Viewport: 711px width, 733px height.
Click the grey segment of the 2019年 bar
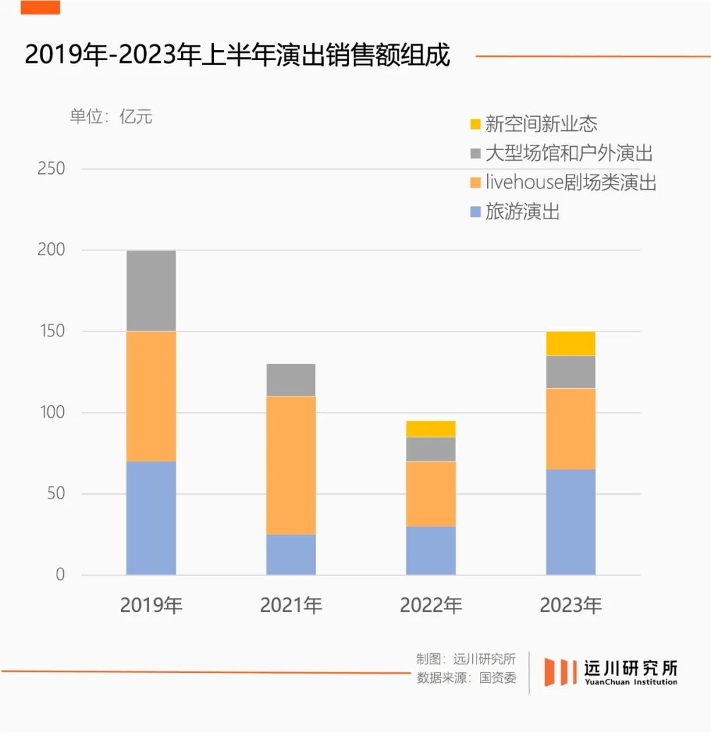point(151,290)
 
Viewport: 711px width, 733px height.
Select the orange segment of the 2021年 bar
point(291,465)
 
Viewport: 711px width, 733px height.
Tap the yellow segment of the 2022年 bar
point(431,429)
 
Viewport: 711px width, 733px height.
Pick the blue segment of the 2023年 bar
point(571,522)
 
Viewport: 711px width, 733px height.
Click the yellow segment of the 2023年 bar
point(571,343)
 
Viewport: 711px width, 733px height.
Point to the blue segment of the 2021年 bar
point(291,555)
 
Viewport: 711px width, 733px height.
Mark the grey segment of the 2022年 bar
point(431,449)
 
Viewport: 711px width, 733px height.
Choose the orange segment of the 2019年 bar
point(151,396)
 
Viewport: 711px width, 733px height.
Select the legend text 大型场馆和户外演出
point(569,153)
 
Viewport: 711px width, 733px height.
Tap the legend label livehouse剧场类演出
point(571,182)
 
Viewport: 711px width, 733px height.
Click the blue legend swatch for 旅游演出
point(475,212)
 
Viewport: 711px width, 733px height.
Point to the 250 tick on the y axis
point(51,169)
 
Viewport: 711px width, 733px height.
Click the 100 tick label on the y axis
point(51,413)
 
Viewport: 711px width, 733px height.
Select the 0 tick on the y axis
point(60,575)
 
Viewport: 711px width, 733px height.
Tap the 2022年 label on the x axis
point(431,605)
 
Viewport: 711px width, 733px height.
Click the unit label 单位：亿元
point(111,117)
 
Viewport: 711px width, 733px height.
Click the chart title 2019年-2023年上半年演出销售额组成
point(237,55)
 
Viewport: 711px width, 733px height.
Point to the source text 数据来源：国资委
point(466,678)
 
